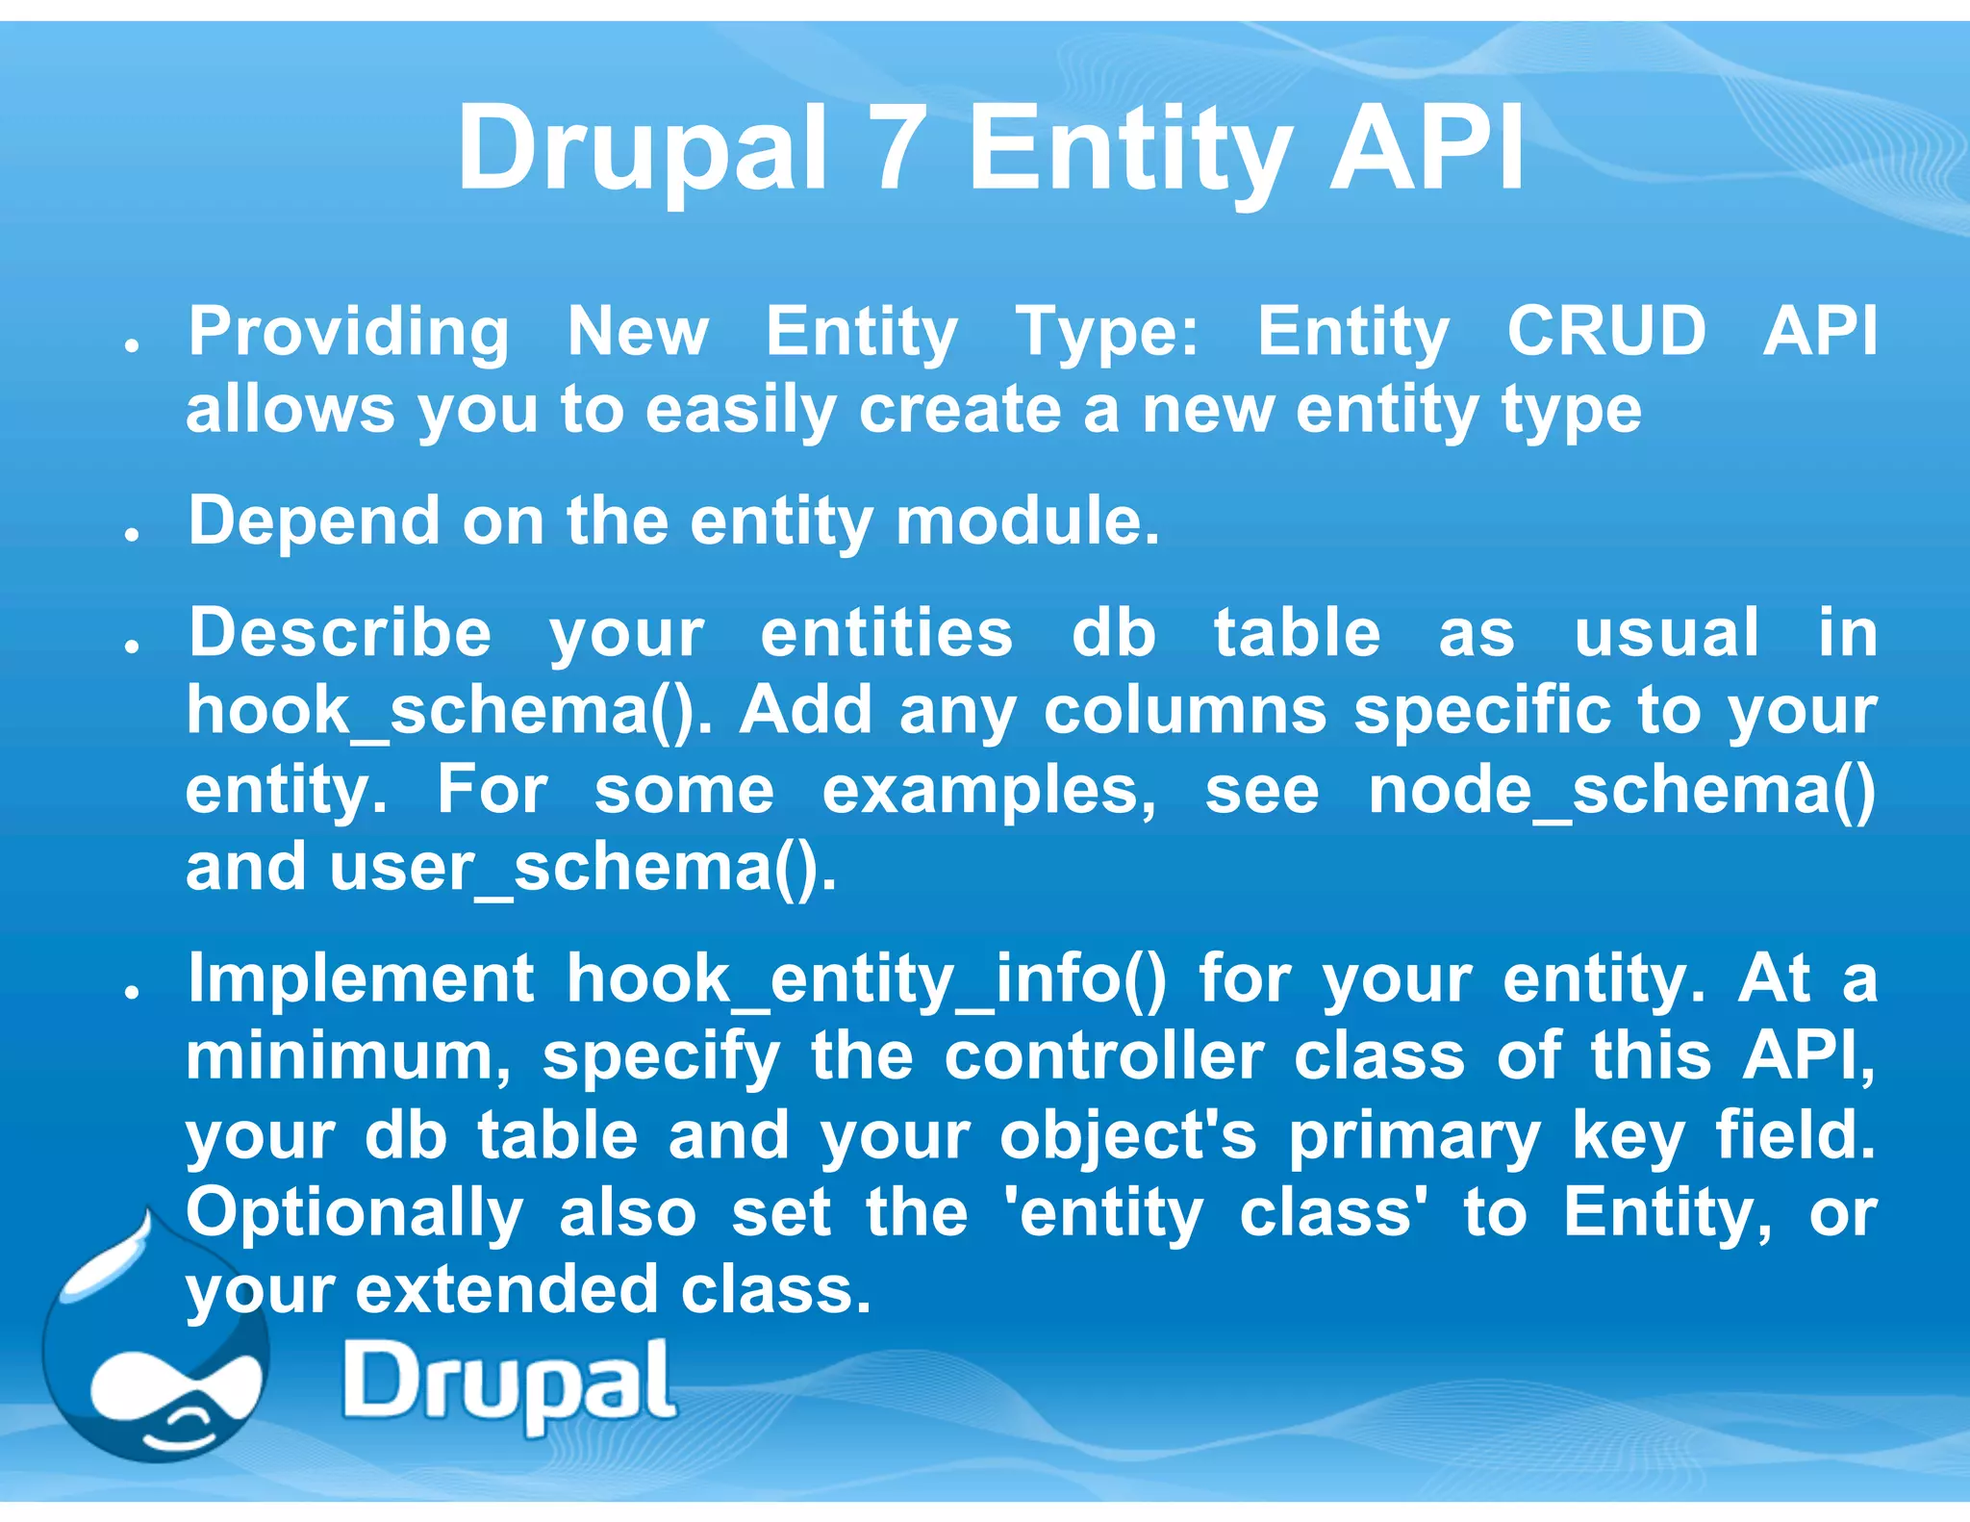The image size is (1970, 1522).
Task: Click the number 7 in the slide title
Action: (897, 149)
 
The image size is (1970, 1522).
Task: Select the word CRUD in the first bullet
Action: (1605, 331)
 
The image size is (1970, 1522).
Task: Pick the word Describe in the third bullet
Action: (340, 633)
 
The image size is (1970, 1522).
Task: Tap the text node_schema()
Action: (1622, 790)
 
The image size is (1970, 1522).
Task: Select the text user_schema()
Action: (583, 868)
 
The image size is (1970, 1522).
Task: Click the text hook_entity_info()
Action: (866, 979)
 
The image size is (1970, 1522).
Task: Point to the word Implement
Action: (361, 978)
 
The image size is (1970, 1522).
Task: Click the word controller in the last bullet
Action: (1103, 1056)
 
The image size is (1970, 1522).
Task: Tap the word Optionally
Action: (354, 1212)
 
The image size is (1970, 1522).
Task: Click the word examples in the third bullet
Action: (989, 791)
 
